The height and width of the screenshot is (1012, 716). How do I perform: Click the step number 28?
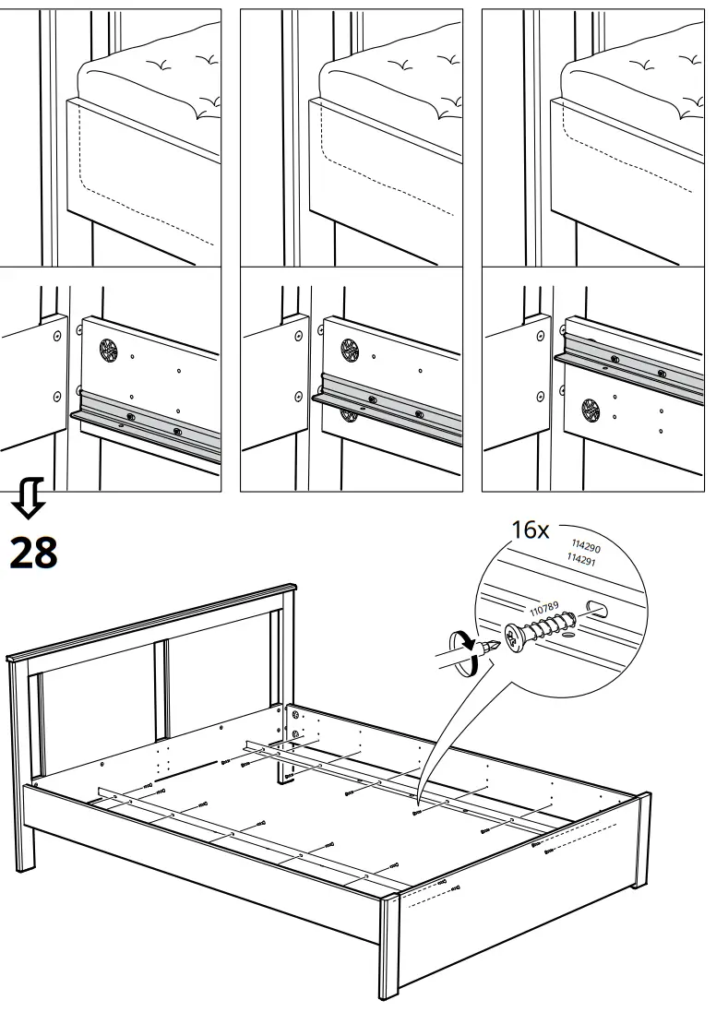33,553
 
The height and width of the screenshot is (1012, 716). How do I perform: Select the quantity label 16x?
531,530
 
